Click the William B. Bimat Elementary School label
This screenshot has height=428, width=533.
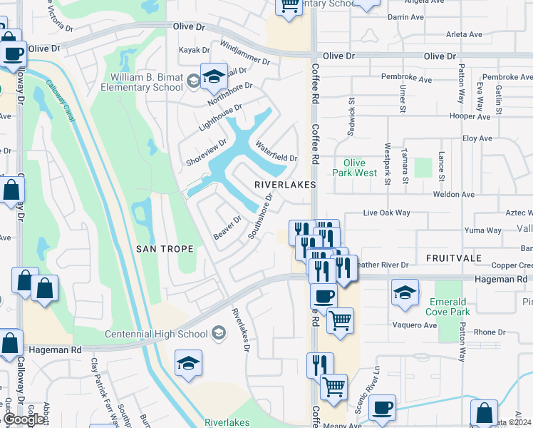[x=147, y=82]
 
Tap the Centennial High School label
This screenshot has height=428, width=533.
[x=155, y=334]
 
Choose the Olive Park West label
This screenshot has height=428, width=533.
[x=354, y=168]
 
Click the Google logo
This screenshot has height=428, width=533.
[x=24, y=419]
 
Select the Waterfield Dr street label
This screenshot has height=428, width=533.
[x=276, y=152]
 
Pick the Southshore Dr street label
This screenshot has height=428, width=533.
[x=261, y=216]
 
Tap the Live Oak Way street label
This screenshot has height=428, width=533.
[x=387, y=213]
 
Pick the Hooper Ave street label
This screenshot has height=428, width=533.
[x=470, y=116]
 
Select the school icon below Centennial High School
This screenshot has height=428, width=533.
[x=188, y=365]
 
